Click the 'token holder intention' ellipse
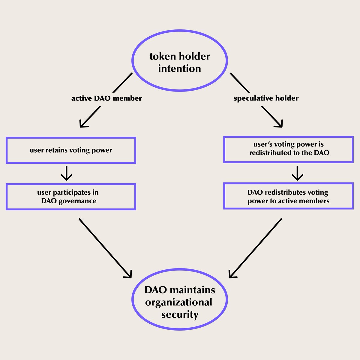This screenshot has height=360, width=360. click(x=180, y=60)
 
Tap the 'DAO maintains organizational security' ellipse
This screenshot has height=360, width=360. click(x=180, y=300)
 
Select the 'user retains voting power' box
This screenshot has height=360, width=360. click(x=71, y=150)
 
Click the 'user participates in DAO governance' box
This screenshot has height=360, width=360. click(x=71, y=196)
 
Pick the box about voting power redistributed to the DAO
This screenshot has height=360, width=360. click(x=288, y=149)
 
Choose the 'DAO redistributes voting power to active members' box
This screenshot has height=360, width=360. click(x=288, y=196)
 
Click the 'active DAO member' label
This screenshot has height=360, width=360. click(x=106, y=98)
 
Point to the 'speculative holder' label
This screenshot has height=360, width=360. click(x=266, y=98)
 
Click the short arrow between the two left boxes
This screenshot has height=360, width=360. click(x=67, y=173)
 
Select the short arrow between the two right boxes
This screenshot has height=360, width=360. click(x=297, y=173)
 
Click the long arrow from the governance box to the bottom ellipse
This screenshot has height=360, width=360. click(x=105, y=248)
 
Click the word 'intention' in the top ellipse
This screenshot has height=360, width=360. click(x=179, y=69)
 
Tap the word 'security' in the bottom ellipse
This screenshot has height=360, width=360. click(x=180, y=315)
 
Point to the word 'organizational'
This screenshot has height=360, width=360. click(x=179, y=302)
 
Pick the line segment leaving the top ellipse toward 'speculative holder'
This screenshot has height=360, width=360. click(x=239, y=82)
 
